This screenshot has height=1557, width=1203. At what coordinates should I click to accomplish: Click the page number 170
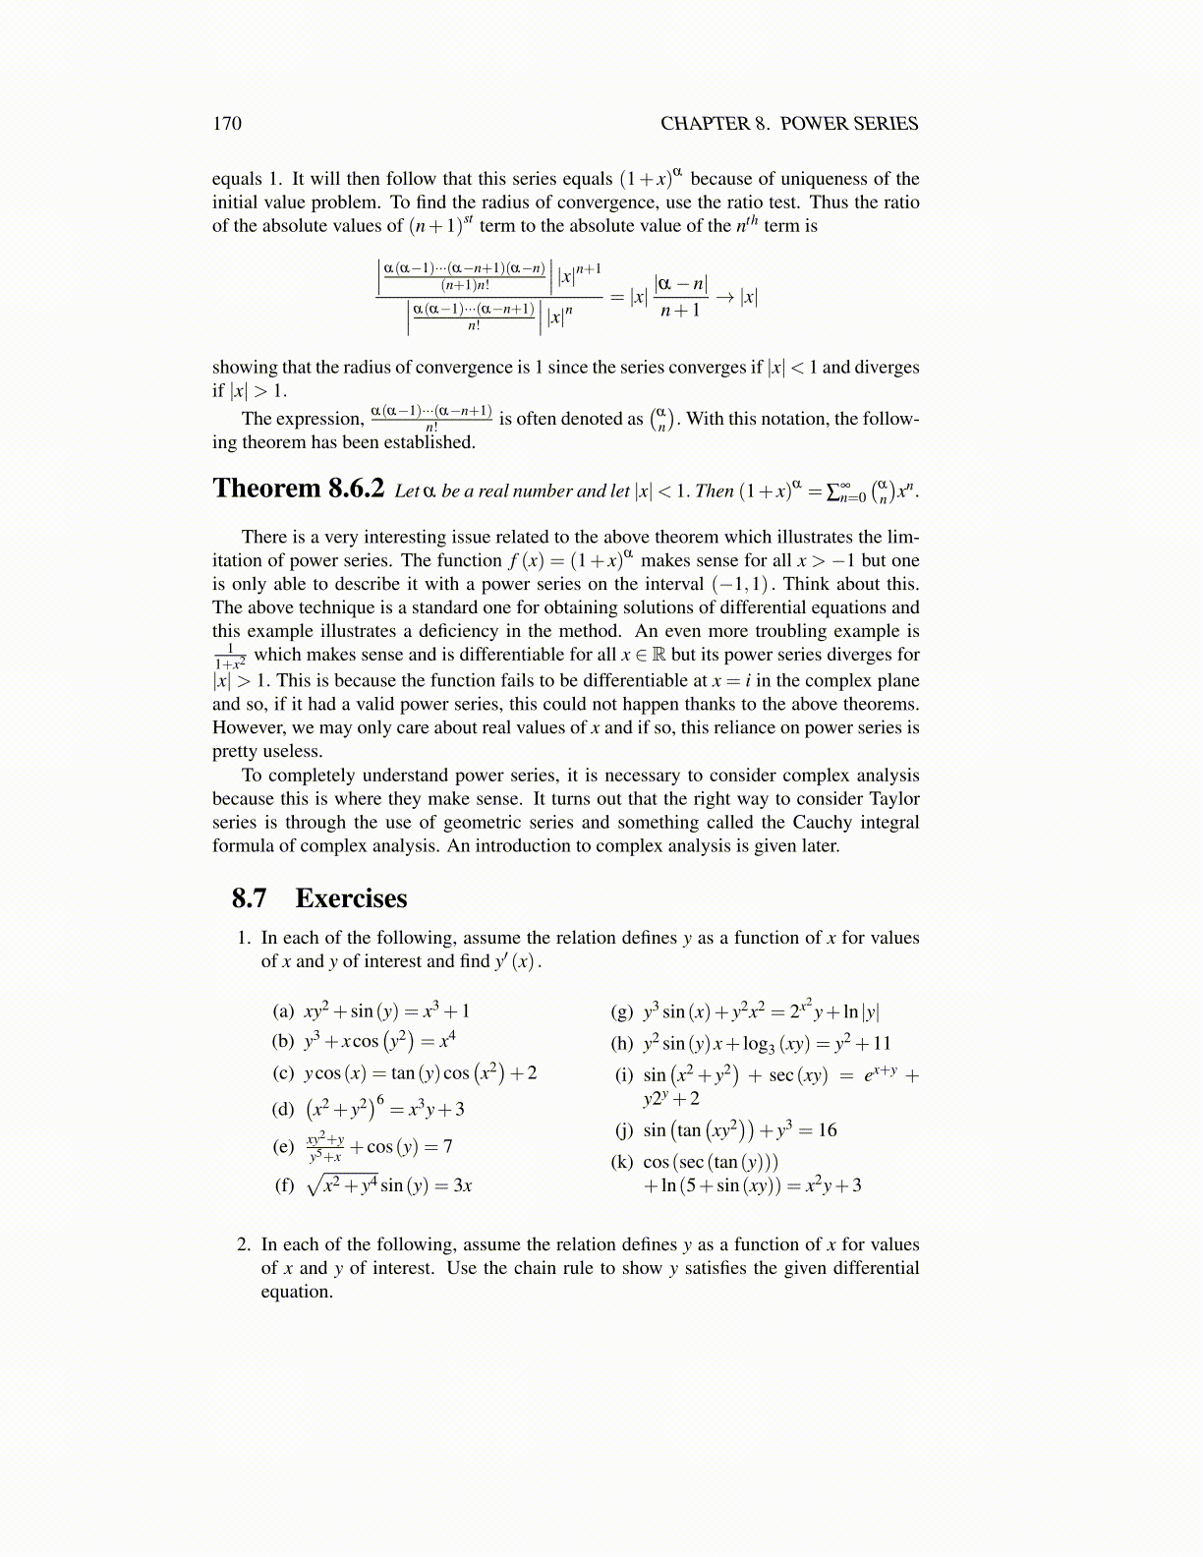point(227,124)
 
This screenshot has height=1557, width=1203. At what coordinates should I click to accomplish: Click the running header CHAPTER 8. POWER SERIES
point(789,124)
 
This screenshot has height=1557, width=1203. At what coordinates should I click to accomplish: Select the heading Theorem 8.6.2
point(298,489)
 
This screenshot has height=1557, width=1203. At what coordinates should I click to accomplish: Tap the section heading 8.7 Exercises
point(319,898)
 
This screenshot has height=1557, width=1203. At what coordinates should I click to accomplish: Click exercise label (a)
point(283,1010)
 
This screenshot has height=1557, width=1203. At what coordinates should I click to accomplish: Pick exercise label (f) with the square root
point(284,1185)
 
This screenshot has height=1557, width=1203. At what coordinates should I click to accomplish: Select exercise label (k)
point(622,1162)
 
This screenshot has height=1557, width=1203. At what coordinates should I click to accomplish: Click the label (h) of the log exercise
point(622,1044)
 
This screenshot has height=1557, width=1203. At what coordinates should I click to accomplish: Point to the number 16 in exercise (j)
point(828,1130)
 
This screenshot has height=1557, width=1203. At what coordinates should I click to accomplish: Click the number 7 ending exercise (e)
point(447,1147)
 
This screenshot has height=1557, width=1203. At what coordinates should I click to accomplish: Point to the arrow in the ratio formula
point(724,296)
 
